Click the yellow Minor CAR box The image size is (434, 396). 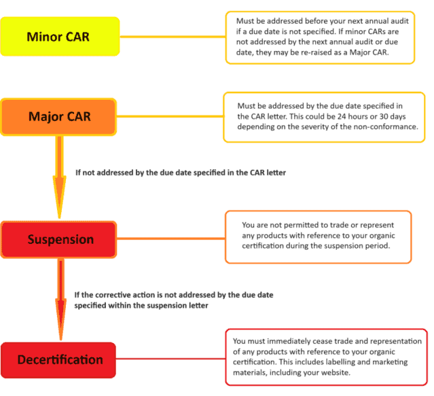click(x=60, y=36)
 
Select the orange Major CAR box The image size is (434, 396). click(x=60, y=116)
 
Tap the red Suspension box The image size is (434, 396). click(x=60, y=239)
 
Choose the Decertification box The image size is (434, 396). click(x=60, y=359)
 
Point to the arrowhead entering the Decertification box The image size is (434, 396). click(x=60, y=329)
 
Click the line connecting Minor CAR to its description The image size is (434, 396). click(x=173, y=36)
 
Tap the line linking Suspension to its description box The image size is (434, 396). click(x=173, y=239)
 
